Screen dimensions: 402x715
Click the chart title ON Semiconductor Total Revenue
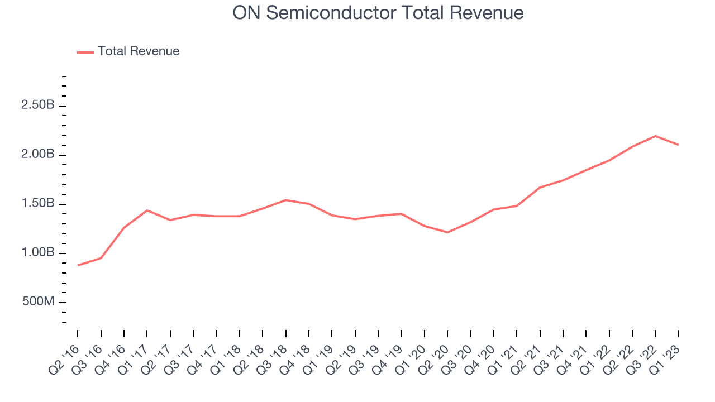pos(378,12)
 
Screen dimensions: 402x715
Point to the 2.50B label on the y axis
pos(38,106)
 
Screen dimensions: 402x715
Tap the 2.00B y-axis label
pos(38,155)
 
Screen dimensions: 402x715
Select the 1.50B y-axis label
pos(38,204)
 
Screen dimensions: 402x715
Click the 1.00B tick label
pos(38,253)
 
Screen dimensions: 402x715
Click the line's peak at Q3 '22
pos(655,136)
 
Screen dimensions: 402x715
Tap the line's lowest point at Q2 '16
pos(78,265)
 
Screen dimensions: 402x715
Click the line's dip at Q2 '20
pos(447,232)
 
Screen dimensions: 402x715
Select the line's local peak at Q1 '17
pos(147,210)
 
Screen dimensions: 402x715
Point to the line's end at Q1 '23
pos(678,145)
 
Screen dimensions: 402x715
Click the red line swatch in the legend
pos(85,52)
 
